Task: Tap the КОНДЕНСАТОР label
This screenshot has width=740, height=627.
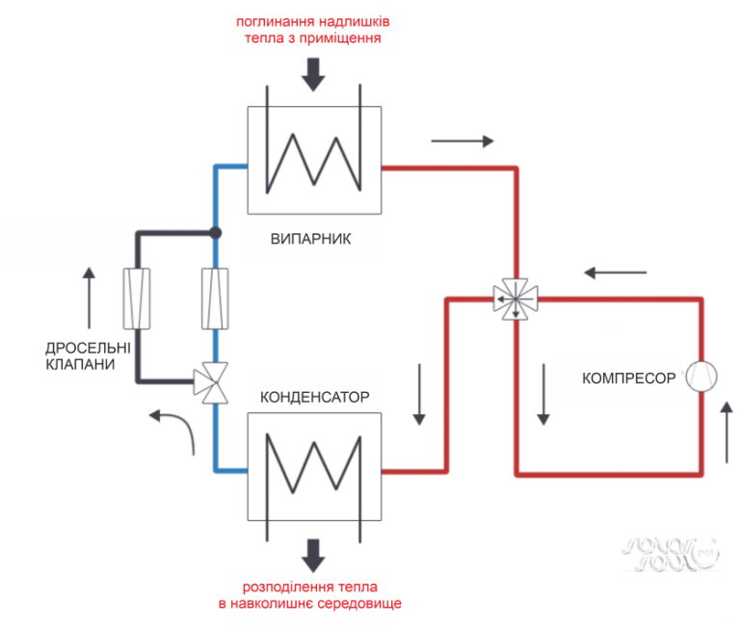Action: [x=314, y=396]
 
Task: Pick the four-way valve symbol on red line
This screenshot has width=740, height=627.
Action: [x=516, y=299]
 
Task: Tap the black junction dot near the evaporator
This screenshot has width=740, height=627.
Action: [x=215, y=232]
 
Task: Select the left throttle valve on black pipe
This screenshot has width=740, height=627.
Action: [x=136, y=299]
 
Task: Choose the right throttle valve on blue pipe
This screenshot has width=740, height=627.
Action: [x=214, y=299]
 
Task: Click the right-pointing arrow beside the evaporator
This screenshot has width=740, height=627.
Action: [x=463, y=142]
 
